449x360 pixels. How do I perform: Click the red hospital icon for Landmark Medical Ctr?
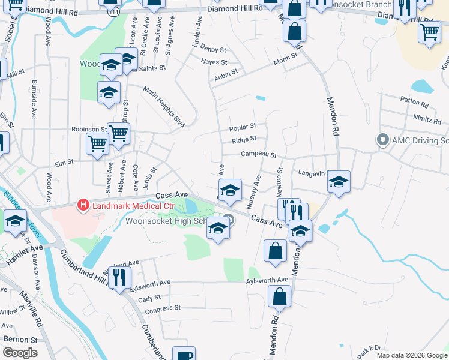pos(83,206)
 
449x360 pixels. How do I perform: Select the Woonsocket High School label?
pos(167,221)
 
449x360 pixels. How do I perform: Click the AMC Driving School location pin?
pos(382,140)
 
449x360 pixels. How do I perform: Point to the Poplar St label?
pos(243,127)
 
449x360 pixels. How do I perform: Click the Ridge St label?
pos(244,140)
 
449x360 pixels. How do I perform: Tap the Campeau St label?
pos(258,155)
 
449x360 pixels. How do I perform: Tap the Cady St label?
pos(149,297)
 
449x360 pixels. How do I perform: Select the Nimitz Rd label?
pos(427,119)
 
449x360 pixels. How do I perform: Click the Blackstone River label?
pos(17,208)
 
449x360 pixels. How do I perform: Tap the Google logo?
pos(20,353)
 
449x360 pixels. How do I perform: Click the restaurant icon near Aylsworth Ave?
pos(119,277)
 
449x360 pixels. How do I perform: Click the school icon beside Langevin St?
pos(339,182)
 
